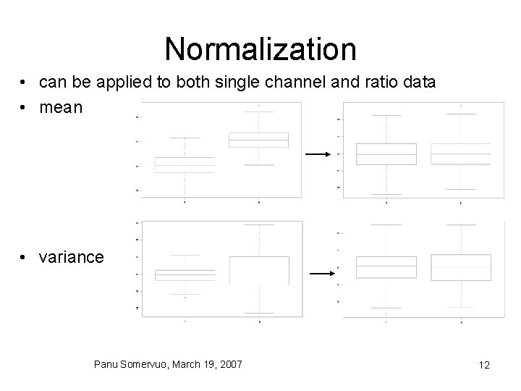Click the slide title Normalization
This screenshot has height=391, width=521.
click(x=260, y=49)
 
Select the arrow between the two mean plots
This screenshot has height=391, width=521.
click(x=316, y=154)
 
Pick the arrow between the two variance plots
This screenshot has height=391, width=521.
click(x=320, y=274)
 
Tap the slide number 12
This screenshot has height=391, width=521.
click(x=484, y=365)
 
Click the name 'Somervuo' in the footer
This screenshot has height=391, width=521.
click(x=148, y=363)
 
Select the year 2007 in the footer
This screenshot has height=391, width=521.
click(x=229, y=363)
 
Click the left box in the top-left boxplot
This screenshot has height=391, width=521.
click(x=185, y=165)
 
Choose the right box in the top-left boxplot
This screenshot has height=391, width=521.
click(x=258, y=140)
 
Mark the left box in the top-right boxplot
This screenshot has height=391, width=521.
click(x=386, y=154)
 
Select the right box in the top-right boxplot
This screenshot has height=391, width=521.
click(x=460, y=154)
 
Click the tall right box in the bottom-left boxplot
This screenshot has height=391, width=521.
click(x=258, y=269)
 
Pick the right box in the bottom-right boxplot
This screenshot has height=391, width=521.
click(x=460, y=266)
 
